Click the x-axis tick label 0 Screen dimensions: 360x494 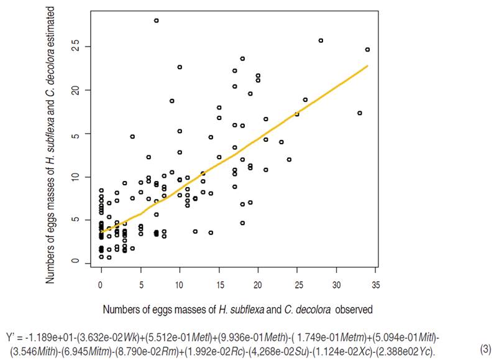[101, 285]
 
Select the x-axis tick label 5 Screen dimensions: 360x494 [140, 285]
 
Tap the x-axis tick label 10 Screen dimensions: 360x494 [180, 285]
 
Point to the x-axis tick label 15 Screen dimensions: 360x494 [219, 285]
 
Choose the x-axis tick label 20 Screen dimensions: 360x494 [258, 285]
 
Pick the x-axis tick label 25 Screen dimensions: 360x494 [298, 285]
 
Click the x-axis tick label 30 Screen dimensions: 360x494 [337, 285]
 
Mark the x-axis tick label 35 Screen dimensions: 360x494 [376, 285]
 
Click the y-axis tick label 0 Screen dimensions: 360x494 [75, 262]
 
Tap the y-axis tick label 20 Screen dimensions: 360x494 [75, 90]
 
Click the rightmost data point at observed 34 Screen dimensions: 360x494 [367, 50]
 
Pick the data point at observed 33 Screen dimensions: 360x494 [360, 113]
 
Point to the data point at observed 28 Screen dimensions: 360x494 [321, 40]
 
